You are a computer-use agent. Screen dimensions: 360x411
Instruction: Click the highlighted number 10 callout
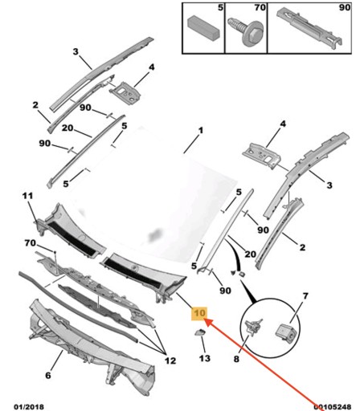coord(199,313)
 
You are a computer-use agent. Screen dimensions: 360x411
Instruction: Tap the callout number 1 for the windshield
coord(201,131)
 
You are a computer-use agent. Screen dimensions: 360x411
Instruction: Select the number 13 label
coord(205,358)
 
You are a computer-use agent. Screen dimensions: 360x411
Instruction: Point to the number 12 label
coord(170,360)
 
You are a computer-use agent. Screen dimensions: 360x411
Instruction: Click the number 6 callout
coord(48,376)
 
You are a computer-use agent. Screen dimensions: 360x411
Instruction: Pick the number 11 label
coord(27,196)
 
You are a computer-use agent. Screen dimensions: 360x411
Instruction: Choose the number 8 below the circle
coord(236,359)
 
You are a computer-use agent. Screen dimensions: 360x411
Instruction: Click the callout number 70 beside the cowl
coord(30,243)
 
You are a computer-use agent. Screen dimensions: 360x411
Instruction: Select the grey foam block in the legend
coord(204,26)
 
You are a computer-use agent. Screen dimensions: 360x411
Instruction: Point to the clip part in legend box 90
coord(310,28)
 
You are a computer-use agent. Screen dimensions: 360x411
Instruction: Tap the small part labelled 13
coord(199,332)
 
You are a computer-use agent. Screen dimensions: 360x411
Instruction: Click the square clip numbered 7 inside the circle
coord(285,332)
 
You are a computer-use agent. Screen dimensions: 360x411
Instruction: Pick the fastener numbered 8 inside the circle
coord(254,326)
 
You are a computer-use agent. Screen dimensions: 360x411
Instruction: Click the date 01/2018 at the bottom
coord(29,407)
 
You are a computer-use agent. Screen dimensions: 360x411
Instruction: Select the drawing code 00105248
coord(332,407)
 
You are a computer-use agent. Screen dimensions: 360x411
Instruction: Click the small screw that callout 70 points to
coord(55,252)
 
